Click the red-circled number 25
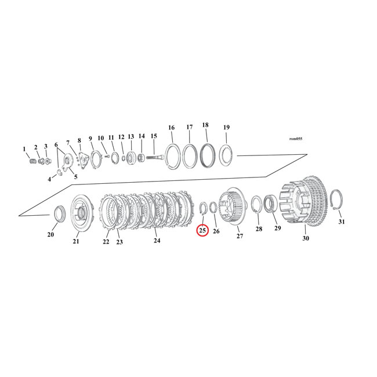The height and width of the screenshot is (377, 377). coord(202,230)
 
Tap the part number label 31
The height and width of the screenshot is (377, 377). coord(341,222)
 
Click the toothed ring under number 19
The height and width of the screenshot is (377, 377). coord(225,155)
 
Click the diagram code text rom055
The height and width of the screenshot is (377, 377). coord(295,139)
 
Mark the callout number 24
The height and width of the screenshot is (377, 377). coord(156,240)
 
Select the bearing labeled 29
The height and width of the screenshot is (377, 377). coord(271,206)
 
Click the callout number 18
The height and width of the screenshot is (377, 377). coord(205,125)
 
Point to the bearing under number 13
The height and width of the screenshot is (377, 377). coord(130,157)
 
